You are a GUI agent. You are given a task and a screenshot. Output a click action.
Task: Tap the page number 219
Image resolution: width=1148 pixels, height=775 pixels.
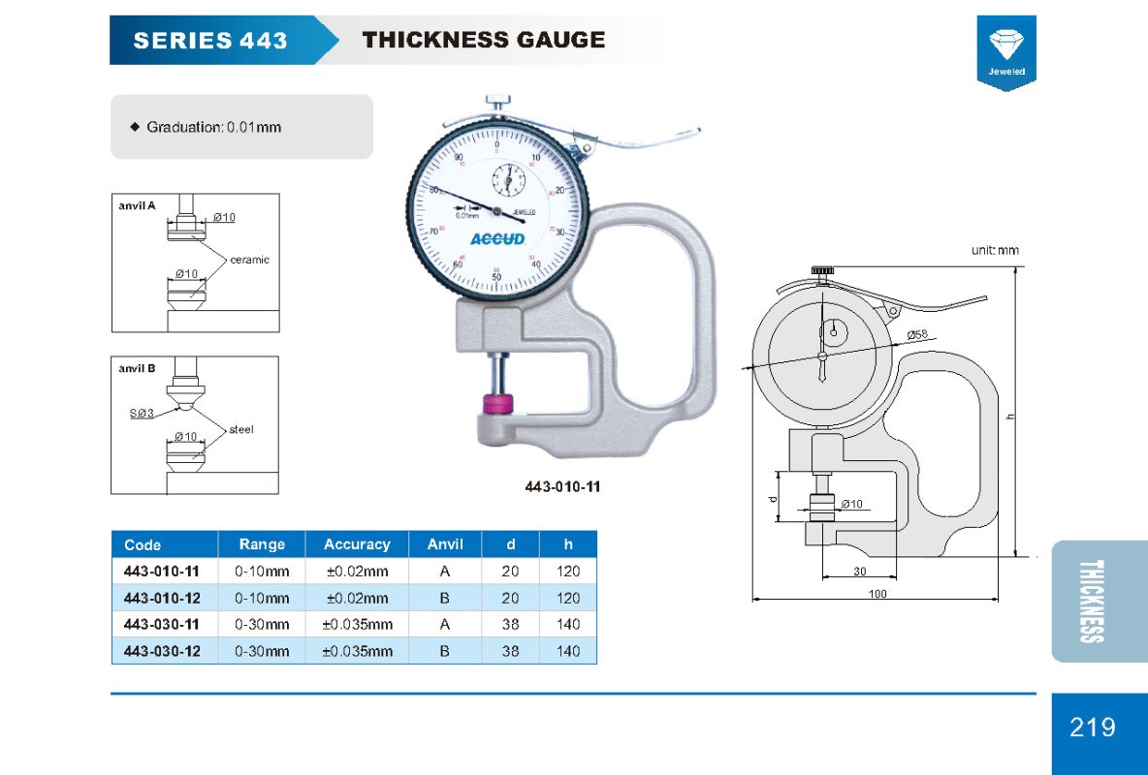1093,727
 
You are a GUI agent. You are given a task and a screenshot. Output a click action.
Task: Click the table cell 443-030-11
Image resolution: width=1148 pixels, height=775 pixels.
163,625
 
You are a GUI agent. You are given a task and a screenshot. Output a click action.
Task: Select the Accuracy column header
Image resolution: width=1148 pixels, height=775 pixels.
357,544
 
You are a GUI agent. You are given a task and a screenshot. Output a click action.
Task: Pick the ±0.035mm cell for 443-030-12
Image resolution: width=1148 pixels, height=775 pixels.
357,651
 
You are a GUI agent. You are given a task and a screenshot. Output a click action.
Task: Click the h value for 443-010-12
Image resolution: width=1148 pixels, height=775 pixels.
568,598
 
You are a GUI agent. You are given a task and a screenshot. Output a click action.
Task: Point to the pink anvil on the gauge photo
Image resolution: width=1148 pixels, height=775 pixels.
496,404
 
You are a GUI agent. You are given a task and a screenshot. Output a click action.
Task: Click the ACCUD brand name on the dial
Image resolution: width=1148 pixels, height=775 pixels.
496,239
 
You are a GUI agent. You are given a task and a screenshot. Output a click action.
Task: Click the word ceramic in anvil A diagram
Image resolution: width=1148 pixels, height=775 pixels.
249,260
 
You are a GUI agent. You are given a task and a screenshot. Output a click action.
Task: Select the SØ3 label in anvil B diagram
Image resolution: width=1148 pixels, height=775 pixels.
142,414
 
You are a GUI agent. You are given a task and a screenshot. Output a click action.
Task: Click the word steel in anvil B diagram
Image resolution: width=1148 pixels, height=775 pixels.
241,429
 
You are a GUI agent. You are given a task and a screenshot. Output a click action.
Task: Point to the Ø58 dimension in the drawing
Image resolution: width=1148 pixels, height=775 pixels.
917,335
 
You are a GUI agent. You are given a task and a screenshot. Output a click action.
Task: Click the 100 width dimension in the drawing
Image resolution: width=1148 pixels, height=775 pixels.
877,593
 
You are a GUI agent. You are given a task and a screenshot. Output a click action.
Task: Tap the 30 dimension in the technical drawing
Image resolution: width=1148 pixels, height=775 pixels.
860,572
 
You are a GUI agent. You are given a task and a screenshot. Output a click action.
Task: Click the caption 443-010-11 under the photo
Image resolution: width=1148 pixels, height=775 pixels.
562,486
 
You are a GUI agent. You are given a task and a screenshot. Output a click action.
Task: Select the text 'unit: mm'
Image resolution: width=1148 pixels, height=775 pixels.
995,250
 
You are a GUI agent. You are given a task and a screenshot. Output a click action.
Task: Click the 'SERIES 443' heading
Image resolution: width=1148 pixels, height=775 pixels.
210,41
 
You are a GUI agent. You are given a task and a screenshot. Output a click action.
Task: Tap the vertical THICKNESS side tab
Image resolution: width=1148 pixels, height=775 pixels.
1092,601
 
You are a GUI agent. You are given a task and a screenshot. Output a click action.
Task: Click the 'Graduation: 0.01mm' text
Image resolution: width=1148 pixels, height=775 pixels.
213,127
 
